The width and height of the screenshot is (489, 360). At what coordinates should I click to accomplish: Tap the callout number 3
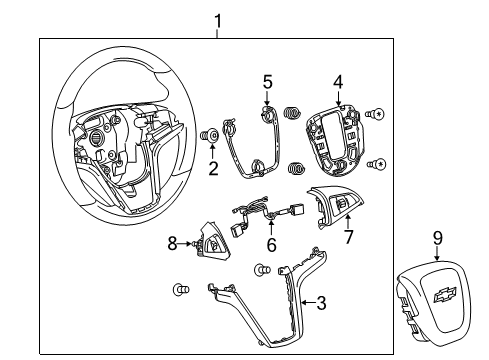pyautogui.click(x=321, y=301)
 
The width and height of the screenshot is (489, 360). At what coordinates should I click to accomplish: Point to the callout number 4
pyautogui.click(x=339, y=82)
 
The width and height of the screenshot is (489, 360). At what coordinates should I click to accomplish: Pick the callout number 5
pyautogui.click(x=268, y=81)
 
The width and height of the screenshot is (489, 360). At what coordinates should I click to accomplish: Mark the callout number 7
pyautogui.click(x=349, y=236)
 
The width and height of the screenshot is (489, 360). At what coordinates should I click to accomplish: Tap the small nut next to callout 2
pyautogui.click(x=212, y=136)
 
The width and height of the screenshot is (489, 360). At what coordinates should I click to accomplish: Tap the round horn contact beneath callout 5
pyautogui.click(x=267, y=115)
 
